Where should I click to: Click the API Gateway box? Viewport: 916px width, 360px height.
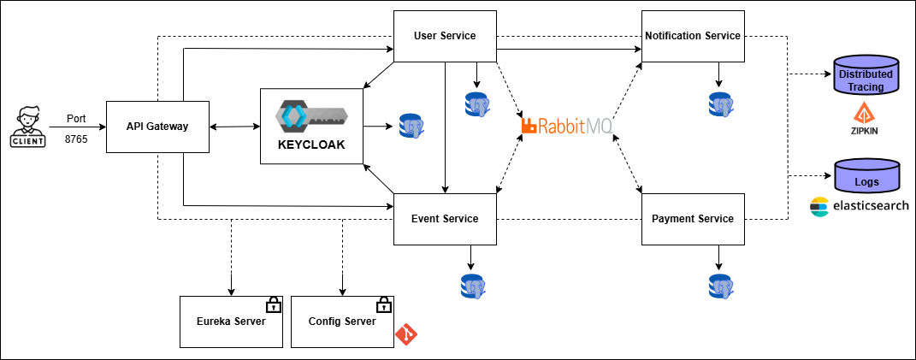click(x=157, y=127)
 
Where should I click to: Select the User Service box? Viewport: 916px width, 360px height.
click(x=444, y=36)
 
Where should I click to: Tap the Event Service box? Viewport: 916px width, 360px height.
click(x=444, y=219)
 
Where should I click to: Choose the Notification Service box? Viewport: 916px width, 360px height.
click(x=693, y=36)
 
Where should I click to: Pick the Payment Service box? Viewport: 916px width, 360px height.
click(x=693, y=219)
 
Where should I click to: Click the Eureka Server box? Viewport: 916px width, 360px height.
click(x=231, y=322)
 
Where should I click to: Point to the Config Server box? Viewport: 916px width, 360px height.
click(x=342, y=322)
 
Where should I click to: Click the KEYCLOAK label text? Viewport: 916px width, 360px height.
click(x=311, y=145)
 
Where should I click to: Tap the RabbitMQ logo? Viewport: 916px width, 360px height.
click(x=567, y=127)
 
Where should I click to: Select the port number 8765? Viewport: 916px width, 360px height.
click(x=76, y=138)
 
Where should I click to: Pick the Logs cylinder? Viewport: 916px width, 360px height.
click(x=866, y=175)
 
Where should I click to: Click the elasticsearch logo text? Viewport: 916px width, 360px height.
click(x=860, y=206)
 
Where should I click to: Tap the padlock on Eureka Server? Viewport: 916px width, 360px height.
click(x=273, y=304)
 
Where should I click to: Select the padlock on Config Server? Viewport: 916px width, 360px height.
click(x=384, y=304)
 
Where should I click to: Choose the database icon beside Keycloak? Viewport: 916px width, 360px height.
click(x=413, y=127)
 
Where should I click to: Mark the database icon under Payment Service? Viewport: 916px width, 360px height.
click(x=720, y=286)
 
